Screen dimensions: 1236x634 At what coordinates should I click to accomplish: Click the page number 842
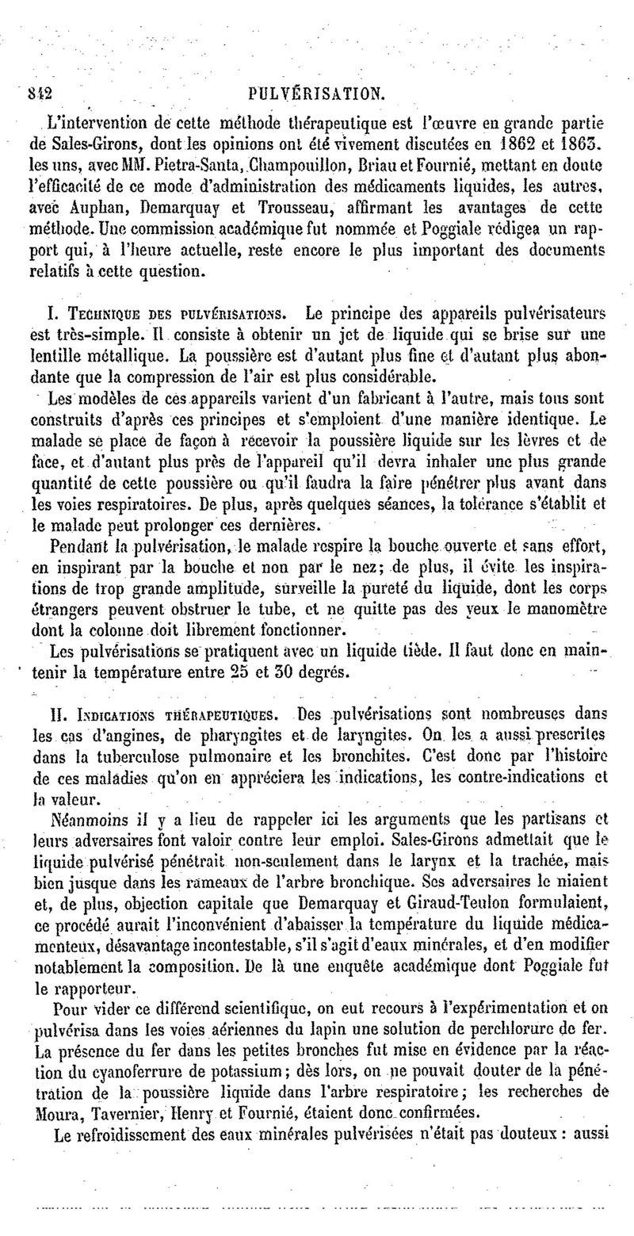click(38, 93)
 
